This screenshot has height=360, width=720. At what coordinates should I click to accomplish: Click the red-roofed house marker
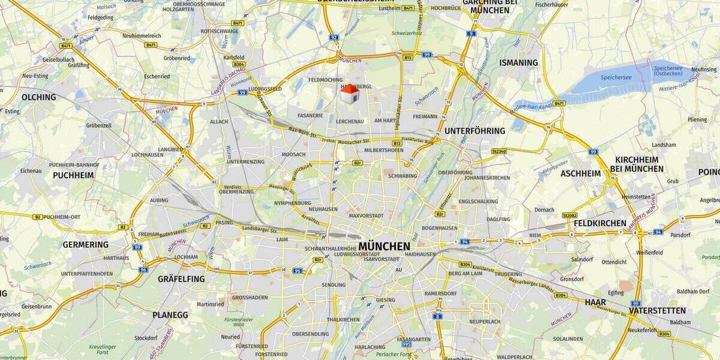click(x=349, y=94)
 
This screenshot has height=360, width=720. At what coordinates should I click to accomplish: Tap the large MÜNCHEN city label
click(x=385, y=246)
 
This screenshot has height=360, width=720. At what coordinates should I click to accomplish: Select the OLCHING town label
click(x=38, y=97)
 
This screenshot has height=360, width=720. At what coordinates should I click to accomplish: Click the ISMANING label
click(x=519, y=62)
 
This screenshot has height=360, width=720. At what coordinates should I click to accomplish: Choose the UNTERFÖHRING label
click(x=475, y=131)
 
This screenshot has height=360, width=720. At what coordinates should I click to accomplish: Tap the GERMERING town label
click(x=86, y=245)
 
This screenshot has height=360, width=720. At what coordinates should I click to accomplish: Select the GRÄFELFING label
click(x=181, y=279)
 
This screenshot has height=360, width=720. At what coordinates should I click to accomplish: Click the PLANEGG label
click(x=170, y=315)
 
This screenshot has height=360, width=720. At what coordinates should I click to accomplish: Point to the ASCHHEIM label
click(x=580, y=173)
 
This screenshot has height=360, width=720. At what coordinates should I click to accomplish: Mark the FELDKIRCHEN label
click(x=600, y=223)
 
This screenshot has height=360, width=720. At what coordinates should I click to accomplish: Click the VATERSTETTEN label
click(x=657, y=311)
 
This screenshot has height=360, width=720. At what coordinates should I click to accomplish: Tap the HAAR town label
click(x=595, y=302)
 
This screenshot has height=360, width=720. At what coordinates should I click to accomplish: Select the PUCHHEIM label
click(x=73, y=175)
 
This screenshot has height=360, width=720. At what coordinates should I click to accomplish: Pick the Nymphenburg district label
click(x=293, y=203)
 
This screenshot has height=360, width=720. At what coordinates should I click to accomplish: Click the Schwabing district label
click(x=403, y=176)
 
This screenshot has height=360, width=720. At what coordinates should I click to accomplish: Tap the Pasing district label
click(x=224, y=222)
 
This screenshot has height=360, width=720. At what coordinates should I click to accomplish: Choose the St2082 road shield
click(x=569, y=215)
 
